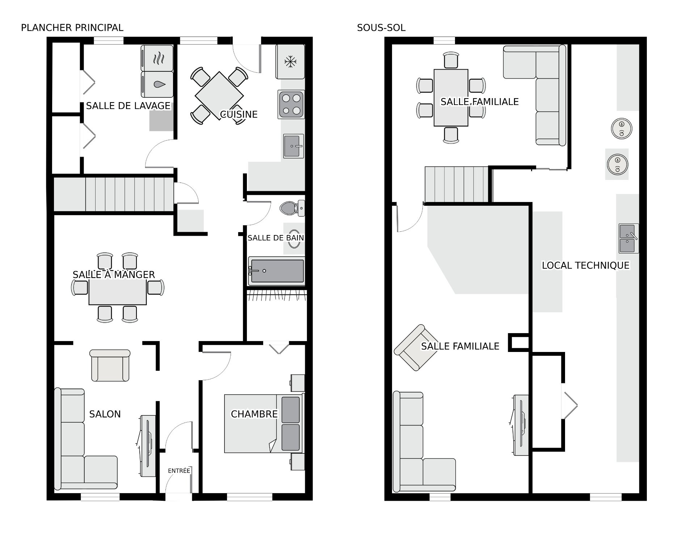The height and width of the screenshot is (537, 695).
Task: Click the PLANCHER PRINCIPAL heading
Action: [72, 28]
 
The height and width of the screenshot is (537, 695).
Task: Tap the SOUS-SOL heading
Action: [381, 28]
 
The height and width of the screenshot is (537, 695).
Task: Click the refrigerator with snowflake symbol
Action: [290, 62]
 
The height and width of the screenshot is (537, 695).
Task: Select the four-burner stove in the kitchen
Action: [291, 104]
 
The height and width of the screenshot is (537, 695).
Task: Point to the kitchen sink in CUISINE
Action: [293, 146]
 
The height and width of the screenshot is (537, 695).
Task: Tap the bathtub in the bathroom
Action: [277, 271]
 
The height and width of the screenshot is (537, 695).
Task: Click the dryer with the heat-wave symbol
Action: [157, 58]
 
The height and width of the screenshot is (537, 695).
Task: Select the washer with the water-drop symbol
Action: [157, 84]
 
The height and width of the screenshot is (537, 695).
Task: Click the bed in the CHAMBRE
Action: [262, 424]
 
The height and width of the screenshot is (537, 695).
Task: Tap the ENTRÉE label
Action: [179, 471]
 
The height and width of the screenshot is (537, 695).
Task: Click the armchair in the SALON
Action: [110, 366]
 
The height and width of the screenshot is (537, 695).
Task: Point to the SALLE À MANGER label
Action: [114, 274]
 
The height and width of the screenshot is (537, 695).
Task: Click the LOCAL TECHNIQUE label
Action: [585, 265]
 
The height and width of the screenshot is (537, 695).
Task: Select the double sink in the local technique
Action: [628, 238]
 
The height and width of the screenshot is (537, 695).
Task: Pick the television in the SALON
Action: [148, 446]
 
